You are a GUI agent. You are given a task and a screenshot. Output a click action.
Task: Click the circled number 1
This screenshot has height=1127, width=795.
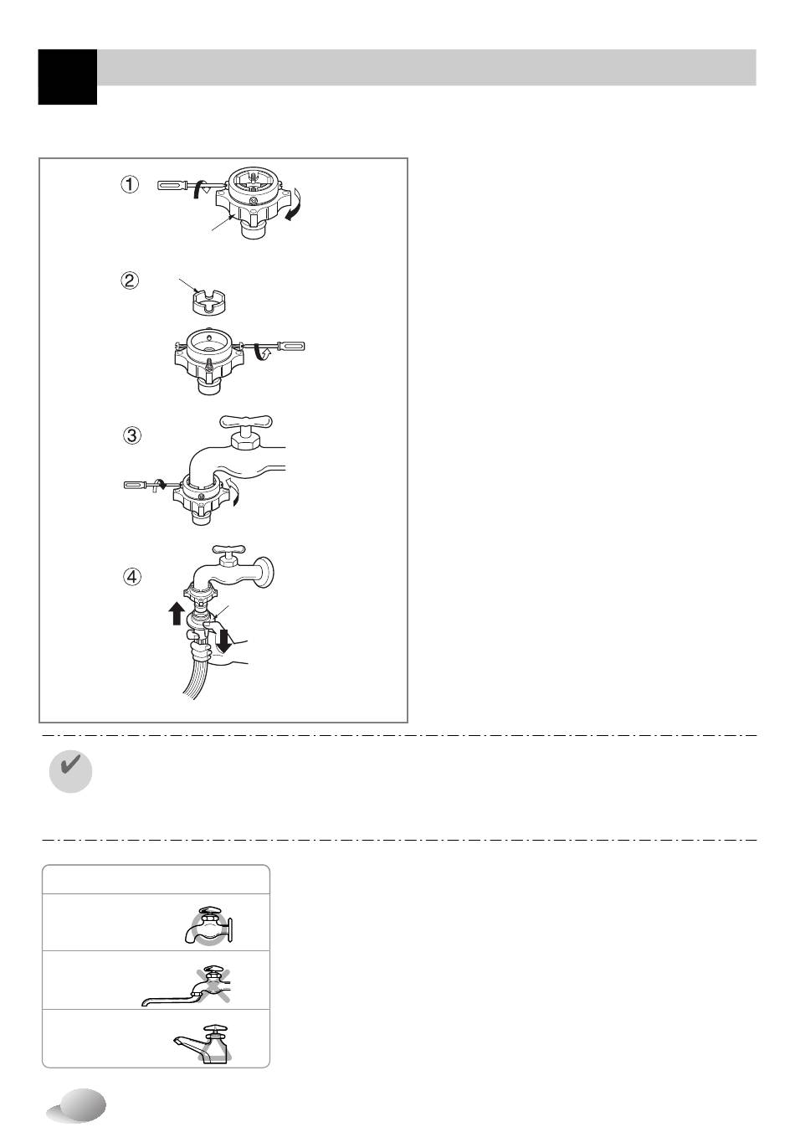click(x=130, y=184)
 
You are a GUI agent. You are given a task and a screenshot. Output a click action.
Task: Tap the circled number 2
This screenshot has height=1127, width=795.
click(x=130, y=280)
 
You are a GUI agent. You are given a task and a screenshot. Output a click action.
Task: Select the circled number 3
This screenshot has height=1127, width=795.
click(x=132, y=435)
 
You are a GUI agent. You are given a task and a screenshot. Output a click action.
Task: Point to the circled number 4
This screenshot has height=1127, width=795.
click(x=132, y=577)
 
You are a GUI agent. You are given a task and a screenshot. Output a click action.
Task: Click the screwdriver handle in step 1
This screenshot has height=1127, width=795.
click(x=173, y=185)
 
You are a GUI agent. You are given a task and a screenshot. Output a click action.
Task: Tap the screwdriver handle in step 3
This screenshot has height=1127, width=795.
click(x=136, y=485)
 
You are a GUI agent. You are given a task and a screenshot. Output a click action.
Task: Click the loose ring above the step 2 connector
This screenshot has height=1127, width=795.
click(x=208, y=303)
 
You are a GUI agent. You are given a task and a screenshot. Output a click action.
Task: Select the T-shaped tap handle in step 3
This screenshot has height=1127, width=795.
click(x=246, y=422)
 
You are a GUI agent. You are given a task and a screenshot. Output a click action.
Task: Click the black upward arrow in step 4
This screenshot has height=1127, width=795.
click(x=177, y=614)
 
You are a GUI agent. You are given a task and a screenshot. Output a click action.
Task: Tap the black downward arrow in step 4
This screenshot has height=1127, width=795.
click(x=223, y=640)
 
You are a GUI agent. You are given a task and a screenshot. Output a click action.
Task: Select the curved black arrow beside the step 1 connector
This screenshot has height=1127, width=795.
click(x=293, y=203)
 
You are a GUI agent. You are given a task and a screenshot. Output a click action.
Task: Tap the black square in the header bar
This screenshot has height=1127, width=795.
click(x=68, y=77)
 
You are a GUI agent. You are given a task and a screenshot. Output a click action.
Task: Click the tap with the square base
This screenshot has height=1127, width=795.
click(x=203, y=1044)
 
